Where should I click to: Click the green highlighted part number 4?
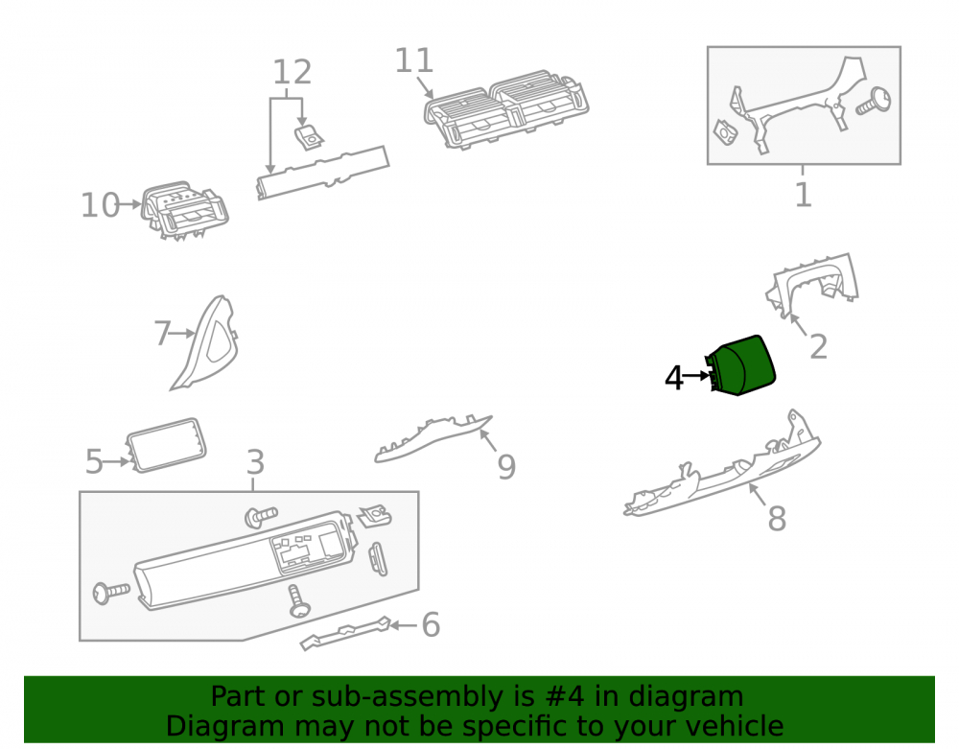(741, 365)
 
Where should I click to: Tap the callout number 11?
(414, 60)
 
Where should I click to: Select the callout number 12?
(292, 72)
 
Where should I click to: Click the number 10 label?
(101, 205)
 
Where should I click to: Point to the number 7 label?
(162, 334)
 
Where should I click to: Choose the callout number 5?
(94, 461)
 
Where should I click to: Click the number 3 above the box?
(256, 462)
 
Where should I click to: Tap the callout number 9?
(506, 467)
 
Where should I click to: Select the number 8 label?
(777, 519)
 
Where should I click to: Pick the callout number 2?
(818, 347)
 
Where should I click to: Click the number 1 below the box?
(803, 195)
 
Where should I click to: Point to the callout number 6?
(431, 625)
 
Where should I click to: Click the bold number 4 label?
(673, 378)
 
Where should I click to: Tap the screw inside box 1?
(874, 102)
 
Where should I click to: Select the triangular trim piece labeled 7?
(205, 342)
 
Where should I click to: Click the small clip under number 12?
(309, 138)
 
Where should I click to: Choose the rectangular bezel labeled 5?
(166, 445)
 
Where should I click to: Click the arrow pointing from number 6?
(403, 625)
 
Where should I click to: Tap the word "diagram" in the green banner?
(687, 696)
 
